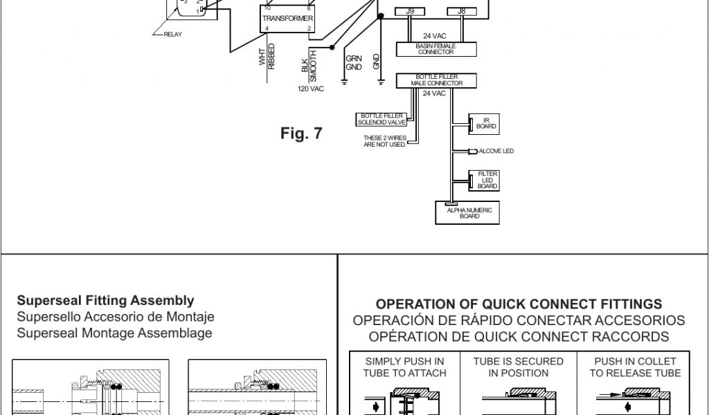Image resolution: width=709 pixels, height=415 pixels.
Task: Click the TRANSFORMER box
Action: [287, 18]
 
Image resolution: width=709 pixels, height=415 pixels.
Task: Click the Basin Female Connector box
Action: [436, 49]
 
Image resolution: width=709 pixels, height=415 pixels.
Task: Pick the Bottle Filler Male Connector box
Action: [436, 81]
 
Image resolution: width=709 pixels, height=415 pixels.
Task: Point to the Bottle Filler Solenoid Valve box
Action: [382, 119]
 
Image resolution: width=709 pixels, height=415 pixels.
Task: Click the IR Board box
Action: [483, 123]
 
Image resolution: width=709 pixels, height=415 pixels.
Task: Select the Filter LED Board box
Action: [483, 180]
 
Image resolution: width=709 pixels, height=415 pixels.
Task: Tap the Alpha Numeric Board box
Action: [469, 213]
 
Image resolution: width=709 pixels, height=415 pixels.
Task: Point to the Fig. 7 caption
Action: [301, 133]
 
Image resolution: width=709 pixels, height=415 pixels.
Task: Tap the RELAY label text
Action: [172, 35]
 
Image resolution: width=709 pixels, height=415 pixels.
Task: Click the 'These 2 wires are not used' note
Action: [385, 140]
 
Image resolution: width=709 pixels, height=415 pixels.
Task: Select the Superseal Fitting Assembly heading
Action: [105, 301]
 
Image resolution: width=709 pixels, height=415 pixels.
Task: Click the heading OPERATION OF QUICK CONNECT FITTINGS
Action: [519, 304]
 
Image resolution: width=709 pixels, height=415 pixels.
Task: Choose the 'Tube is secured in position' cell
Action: [519, 367]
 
